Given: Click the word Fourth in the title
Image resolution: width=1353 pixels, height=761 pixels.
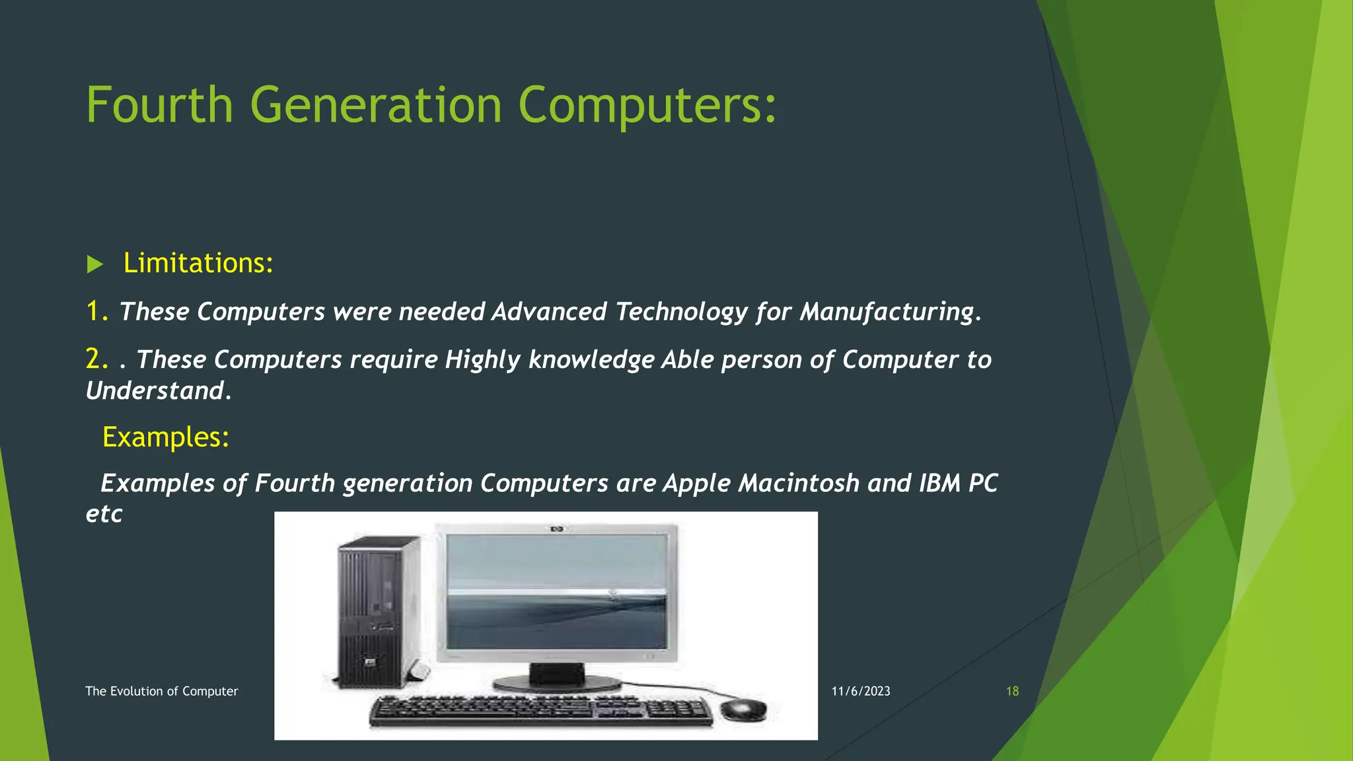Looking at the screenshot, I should pyautogui.click(x=159, y=105).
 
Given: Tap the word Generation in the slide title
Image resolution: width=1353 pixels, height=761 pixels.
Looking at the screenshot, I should pyautogui.click(x=376, y=105).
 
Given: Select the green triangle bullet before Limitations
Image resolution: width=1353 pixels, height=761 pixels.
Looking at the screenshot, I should pyautogui.click(x=95, y=265).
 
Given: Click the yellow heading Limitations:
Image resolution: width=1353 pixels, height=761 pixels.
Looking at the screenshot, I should pyautogui.click(x=198, y=263).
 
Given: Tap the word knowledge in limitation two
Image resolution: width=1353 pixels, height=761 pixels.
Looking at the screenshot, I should pyautogui.click(x=591, y=360).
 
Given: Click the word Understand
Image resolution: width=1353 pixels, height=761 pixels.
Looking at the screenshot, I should pyautogui.click(x=156, y=391).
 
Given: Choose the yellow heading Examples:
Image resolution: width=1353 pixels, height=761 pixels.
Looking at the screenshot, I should pyautogui.click(x=166, y=437).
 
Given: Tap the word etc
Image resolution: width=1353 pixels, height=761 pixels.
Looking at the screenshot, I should pyautogui.click(x=104, y=514).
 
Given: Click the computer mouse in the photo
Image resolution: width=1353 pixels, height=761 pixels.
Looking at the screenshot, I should pyautogui.click(x=744, y=709).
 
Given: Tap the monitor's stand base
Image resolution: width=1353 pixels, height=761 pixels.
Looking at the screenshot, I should pyautogui.click(x=558, y=682).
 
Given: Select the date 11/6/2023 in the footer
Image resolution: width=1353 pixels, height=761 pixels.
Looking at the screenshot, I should pyautogui.click(x=860, y=691).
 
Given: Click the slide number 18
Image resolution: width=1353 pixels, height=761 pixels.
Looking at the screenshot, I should pyautogui.click(x=1012, y=691).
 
